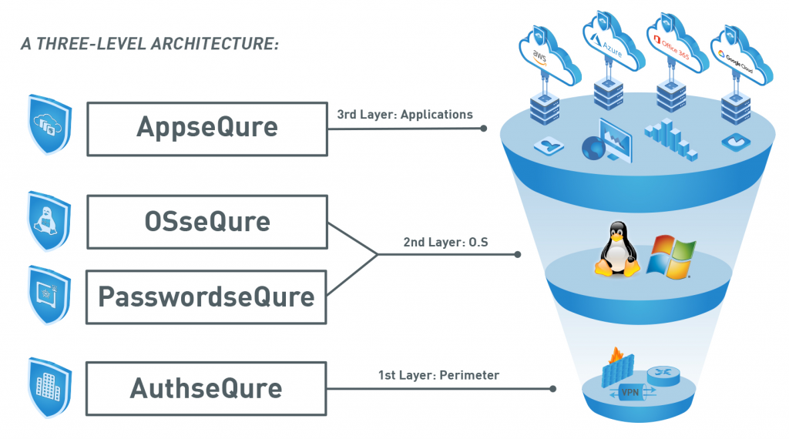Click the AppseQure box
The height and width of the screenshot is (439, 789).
pos(206,127)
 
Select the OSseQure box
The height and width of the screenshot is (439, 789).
pos(206,222)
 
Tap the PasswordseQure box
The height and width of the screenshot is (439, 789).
pos(206,297)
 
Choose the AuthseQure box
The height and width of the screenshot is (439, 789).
pos(206,387)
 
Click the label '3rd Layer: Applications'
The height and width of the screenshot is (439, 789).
pos(405,114)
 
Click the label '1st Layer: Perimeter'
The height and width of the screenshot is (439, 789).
pos(438,375)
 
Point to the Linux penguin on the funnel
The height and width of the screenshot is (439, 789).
pos(616,248)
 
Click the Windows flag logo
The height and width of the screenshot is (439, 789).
pos(670,256)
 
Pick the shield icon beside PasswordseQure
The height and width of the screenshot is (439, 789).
pos(49,296)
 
